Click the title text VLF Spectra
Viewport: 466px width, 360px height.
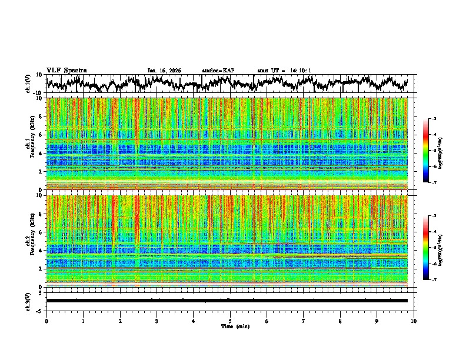66,70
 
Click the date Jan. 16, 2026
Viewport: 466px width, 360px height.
164,71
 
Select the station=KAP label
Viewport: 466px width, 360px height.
218,71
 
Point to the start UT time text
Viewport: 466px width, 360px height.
284,71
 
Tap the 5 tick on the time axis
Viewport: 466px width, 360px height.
230,321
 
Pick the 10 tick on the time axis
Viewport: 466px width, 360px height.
414,321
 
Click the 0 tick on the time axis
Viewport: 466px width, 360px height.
46,321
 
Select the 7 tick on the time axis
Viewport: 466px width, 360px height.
304,321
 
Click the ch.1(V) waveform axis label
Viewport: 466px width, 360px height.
28,84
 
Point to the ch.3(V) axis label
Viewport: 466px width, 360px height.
28,300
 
